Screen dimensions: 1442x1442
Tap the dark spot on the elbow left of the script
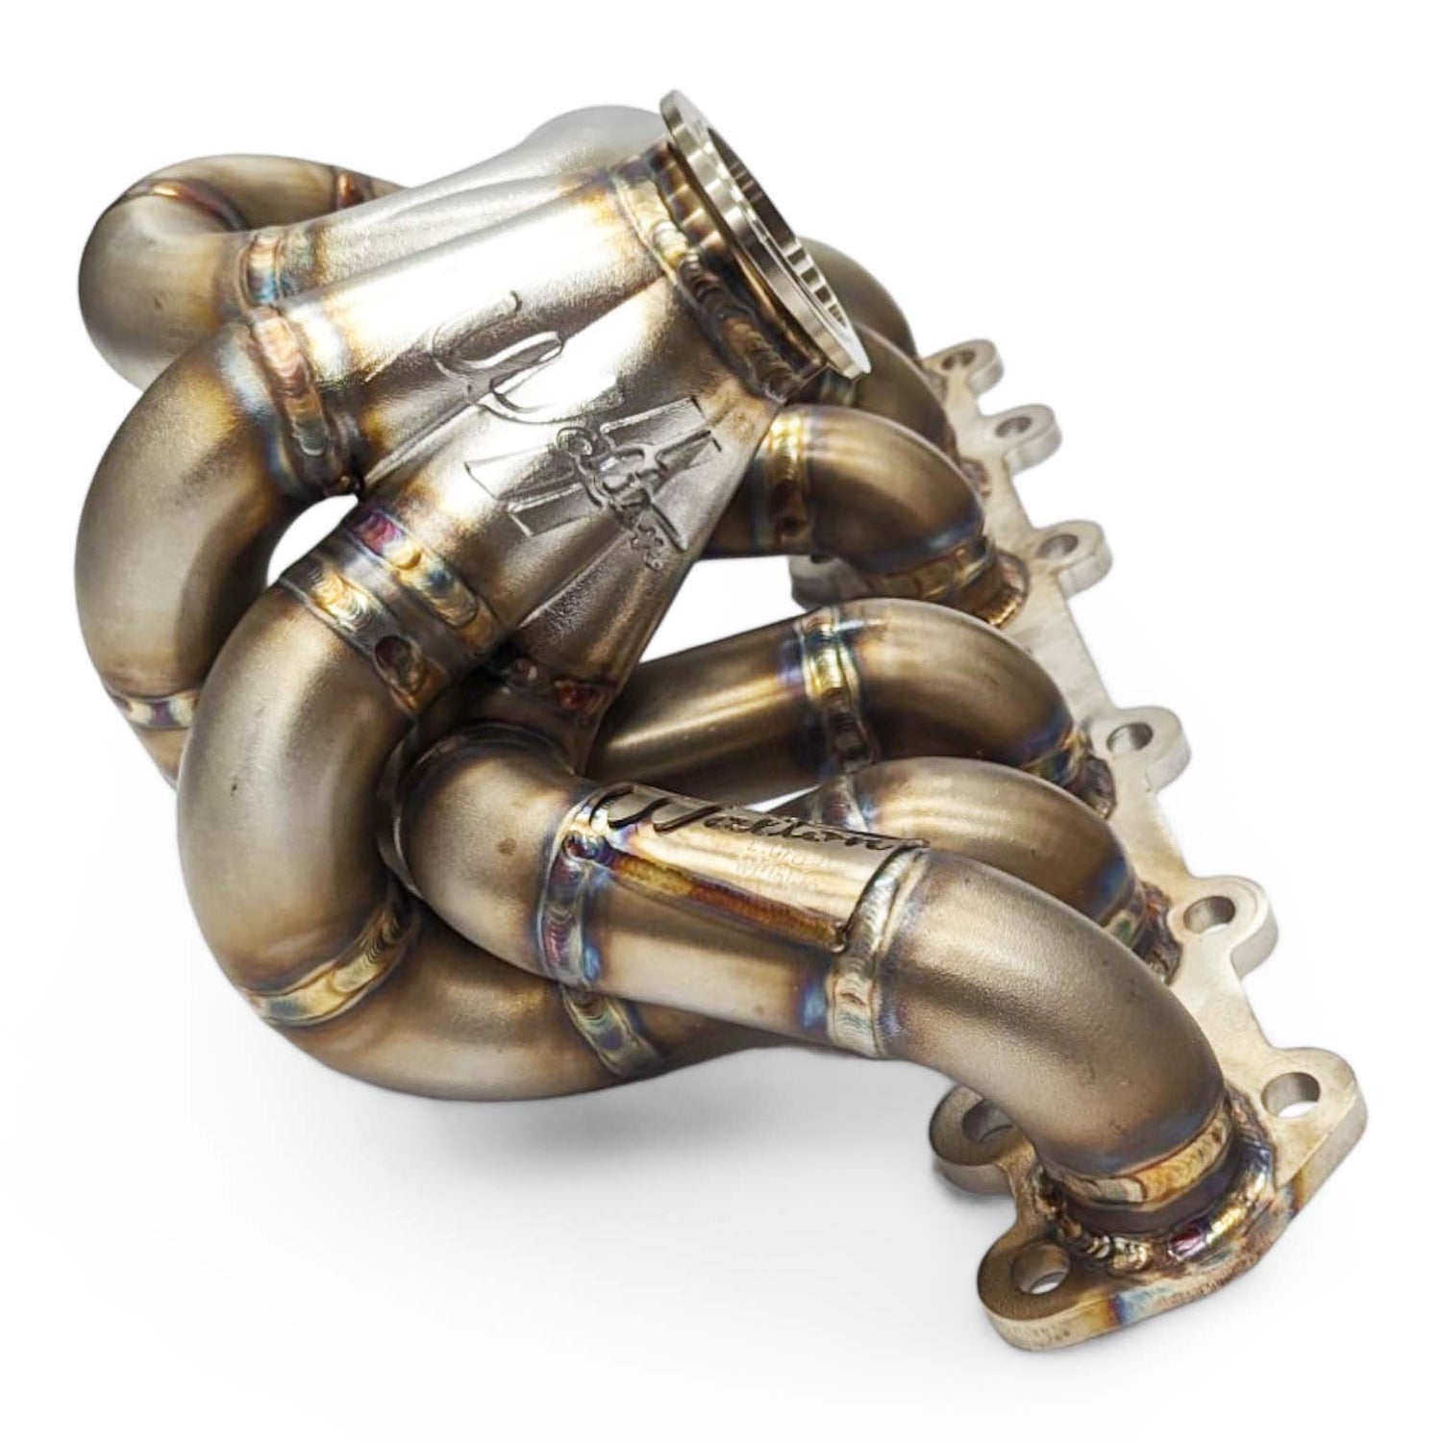click(x=501, y=850)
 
